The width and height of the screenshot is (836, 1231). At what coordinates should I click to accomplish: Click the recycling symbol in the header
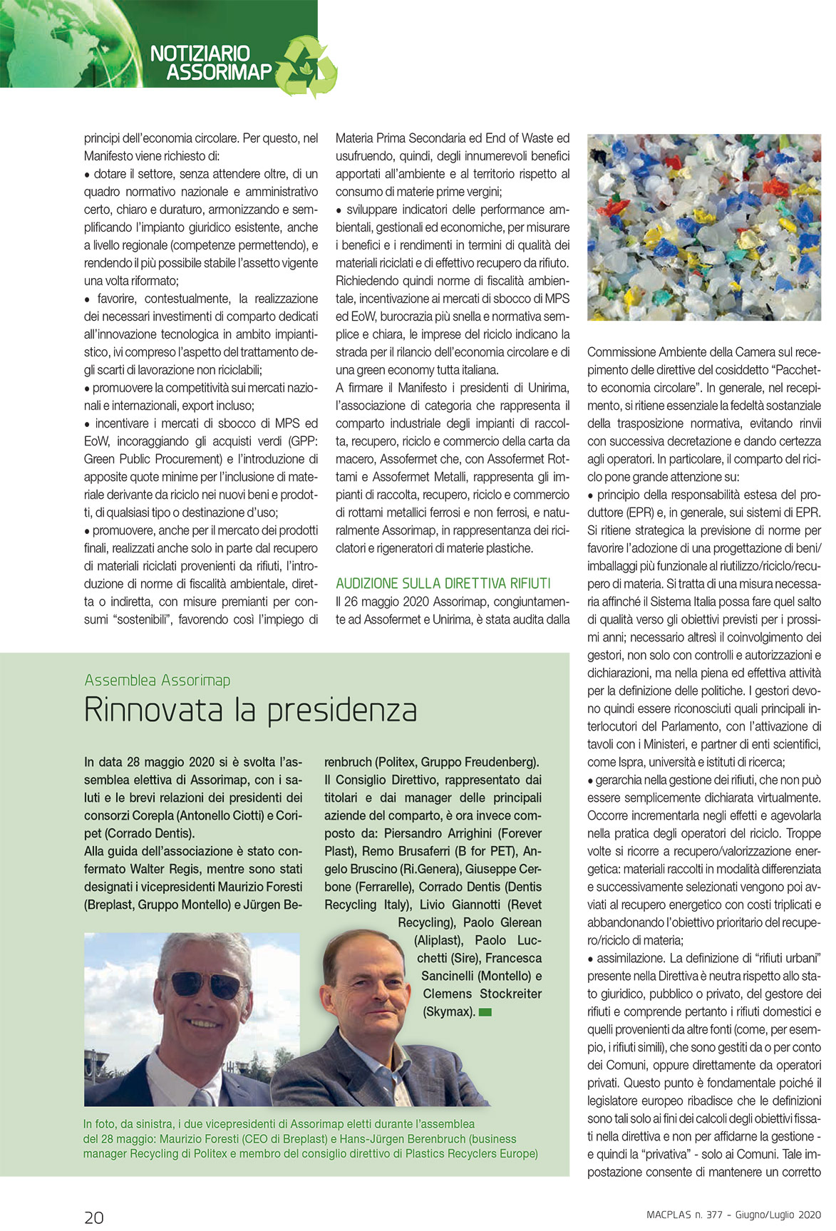[x=307, y=66]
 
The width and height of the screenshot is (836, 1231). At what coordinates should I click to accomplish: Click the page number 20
[x=94, y=1217]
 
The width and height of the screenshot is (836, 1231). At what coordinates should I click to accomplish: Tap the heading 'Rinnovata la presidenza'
[x=250, y=710]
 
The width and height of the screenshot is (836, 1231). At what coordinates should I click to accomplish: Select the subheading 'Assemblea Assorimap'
[x=158, y=680]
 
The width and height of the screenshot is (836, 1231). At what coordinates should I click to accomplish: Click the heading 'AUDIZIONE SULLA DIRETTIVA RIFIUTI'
[x=443, y=583]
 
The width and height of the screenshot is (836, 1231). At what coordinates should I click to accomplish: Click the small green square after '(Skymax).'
[x=485, y=1012]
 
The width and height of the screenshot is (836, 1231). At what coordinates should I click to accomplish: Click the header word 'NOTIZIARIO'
[x=200, y=53]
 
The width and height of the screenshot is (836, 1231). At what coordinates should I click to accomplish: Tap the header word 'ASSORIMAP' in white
[x=219, y=72]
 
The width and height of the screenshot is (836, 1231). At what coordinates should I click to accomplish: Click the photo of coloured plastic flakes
[x=704, y=227]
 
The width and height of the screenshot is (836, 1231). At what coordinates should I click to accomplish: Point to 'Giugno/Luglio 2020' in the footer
[x=778, y=1215]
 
